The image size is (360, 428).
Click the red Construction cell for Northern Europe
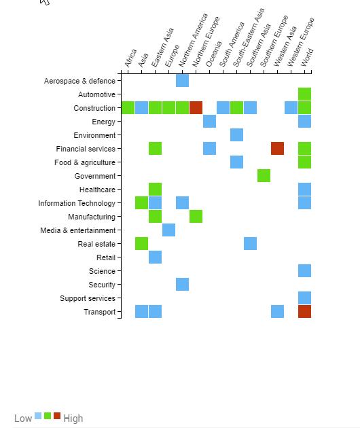[x=196, y=108]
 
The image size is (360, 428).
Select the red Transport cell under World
[x=304, y=311]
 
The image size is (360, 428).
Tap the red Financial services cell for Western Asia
[x=277, y=149]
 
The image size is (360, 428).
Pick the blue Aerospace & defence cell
[x=182, y=81]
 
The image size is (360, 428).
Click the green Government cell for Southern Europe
[x=264, y=175]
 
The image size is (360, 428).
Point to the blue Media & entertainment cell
[x=168, y=230]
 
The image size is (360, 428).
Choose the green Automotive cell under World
[x=304, y=94]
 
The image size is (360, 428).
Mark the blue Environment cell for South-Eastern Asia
[x=236, y=135]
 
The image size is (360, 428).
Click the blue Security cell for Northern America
[x=182, y=284]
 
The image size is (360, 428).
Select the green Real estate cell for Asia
[x=142, y=243]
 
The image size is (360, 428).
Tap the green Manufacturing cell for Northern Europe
[x=196, y=216]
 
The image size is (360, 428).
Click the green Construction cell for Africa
[x=128, y=108]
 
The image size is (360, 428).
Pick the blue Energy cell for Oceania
[x=210, y=121]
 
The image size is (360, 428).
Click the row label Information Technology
[x=77, y=203]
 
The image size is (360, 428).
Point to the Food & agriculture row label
[x=85, y=162]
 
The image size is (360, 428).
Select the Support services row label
[x=88, y=298]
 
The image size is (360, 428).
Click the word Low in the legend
[x=23, y=418]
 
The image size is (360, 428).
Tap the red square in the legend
[x=57, y=416]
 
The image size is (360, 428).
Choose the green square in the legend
[x=48, y=416]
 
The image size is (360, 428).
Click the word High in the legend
[x=73, y=418]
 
